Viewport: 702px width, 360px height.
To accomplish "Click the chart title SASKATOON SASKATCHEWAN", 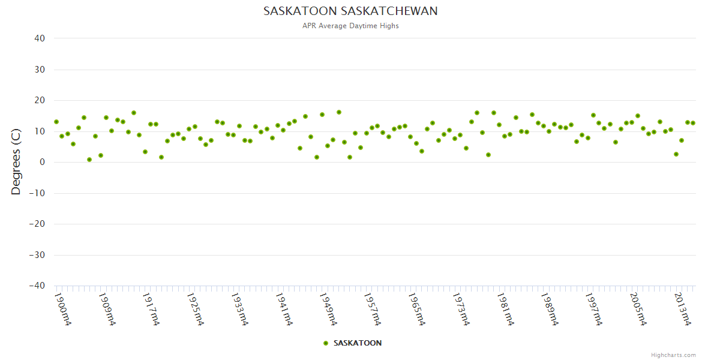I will (x=350, y=11).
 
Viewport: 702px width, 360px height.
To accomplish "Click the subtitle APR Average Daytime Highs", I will (x=350, y=26).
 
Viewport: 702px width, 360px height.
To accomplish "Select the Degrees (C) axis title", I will (x=16, y=162).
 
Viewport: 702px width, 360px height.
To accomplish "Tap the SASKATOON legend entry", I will (x=352, y=343).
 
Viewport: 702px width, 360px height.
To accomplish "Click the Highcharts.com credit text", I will (x=673, y=355).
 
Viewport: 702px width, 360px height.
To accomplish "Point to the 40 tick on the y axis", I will (x=40, y=38).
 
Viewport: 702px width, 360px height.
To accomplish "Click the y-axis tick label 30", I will (x=40, y=70).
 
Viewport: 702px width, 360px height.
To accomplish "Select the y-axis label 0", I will (x=43, y=162).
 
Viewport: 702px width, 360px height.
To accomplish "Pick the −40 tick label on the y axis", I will (x=37, y=286).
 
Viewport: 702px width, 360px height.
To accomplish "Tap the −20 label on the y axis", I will (x=37, y=224).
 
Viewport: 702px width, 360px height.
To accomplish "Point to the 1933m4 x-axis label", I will (x=239, y=308).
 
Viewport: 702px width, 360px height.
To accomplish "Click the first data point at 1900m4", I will (x=56, y=122).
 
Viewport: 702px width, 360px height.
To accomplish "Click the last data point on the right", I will (x=693, y=123).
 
